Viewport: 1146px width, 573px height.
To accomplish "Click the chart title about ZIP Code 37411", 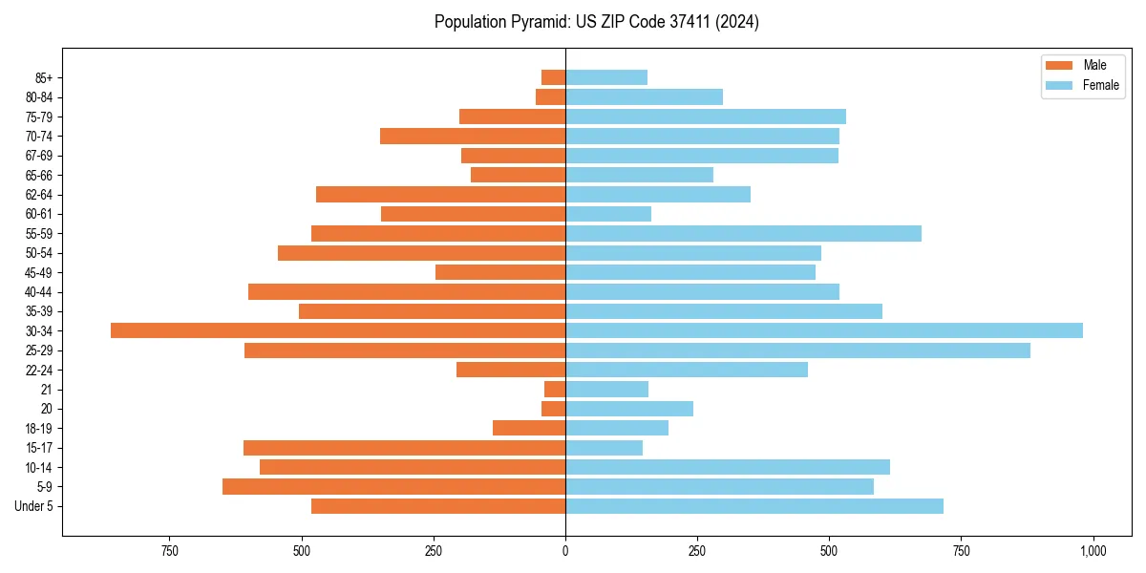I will [x=596, y=22].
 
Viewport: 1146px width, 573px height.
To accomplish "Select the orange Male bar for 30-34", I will [x=338, y=330].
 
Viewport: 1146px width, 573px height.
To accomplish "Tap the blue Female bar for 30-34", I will [x=823, y=330].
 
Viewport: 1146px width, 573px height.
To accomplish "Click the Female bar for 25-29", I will [x=797, y=350].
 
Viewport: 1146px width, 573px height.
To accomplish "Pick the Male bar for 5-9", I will [x=393, y=487].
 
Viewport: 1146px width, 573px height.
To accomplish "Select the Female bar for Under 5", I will [x=754, y=506].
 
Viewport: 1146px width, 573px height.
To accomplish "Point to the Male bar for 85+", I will [x=554, y=77].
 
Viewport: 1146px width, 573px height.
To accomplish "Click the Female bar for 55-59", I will [x=743, y=233].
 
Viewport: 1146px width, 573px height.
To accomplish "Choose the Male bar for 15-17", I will [x=404, y=448].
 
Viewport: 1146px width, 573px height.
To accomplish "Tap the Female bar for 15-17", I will [x=604, y=448].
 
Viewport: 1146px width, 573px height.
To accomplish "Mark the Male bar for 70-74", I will [x=473, y=136].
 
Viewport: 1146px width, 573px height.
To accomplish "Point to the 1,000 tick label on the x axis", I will [x=1093, y=551].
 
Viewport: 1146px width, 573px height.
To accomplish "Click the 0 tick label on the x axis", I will [x=565, y=551].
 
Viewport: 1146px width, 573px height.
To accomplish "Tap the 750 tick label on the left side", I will [x=170, y=551].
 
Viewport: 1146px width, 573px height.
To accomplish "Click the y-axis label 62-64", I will [x=38, y=195].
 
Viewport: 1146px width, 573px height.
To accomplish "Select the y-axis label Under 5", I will [x=34, y=506].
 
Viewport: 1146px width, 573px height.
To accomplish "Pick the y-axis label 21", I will [x=47, y=390].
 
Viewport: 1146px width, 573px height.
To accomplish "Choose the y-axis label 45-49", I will [x=38, y=272].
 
